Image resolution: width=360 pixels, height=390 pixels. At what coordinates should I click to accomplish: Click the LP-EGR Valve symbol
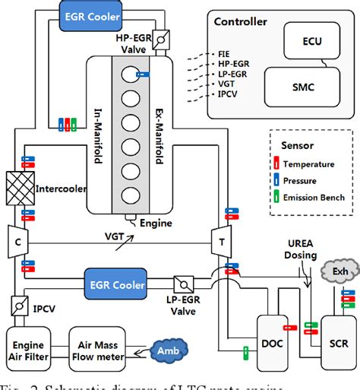pyautogui.click(x=185, y=285)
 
